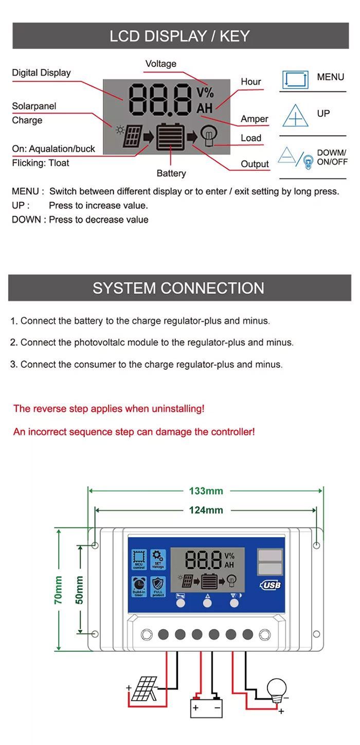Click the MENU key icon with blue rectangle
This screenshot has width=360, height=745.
(295, 80)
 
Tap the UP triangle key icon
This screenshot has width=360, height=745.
(295, 116)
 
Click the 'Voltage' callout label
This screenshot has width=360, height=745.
(160, 64)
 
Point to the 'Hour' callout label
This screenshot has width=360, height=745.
(250, 82)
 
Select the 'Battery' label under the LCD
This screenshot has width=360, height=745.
(171, 173)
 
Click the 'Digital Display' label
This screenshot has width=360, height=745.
(41, 73)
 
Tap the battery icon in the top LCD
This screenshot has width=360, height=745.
(170, 137)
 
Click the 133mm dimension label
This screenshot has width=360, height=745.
(206, 491)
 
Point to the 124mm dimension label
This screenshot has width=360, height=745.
(206, 510)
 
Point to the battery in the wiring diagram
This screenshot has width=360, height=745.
(206, 707)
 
